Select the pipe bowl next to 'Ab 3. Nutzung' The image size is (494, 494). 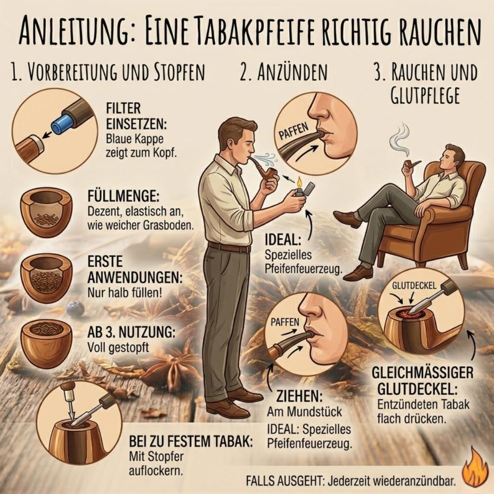coord(46,343)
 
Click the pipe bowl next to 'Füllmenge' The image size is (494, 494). coord(46,212)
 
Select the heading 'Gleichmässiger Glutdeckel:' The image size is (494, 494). coord(424,378)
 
